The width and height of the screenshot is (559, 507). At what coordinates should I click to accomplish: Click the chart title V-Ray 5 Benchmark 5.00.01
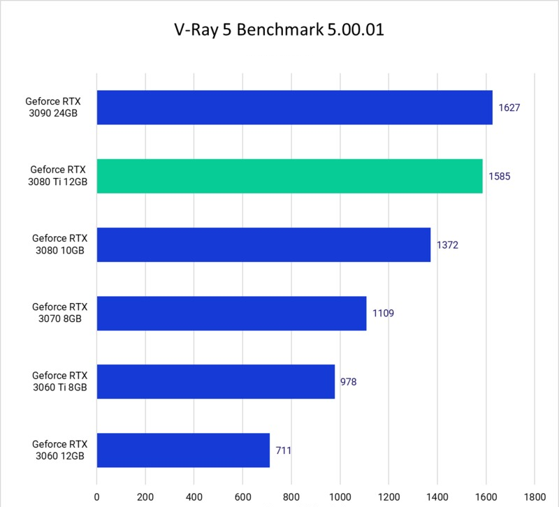click(x=279, y=31)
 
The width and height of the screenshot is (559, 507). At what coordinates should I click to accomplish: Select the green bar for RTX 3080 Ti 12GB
click(x=289, y=176)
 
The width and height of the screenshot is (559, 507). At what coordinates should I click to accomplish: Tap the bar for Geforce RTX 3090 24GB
click(x=294, y=108)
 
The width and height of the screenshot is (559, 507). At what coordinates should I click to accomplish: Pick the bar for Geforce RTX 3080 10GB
click(x=263, y=244)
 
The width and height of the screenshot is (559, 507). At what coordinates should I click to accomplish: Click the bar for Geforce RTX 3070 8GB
click(x=231, y=313)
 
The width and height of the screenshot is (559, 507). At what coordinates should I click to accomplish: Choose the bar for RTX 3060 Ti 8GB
click(x=215, y=381)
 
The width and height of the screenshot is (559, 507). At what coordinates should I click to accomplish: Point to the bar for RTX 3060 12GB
click(x=183, y=450)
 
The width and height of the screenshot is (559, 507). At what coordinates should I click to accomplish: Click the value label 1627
click(x=510, y=108)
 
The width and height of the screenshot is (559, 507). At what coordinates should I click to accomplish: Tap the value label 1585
click(x=500, y=177)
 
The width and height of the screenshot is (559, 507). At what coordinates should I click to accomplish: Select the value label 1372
click(x=448, y=245)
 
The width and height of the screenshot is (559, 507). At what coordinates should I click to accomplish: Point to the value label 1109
click(x=384, y=314)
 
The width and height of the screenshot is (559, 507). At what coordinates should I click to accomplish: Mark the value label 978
click(x=349, y=382)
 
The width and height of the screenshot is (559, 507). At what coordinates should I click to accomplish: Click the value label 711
click(x=283, y=450)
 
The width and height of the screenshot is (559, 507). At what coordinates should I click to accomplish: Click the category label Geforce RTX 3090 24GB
click(x=56, y=108)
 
